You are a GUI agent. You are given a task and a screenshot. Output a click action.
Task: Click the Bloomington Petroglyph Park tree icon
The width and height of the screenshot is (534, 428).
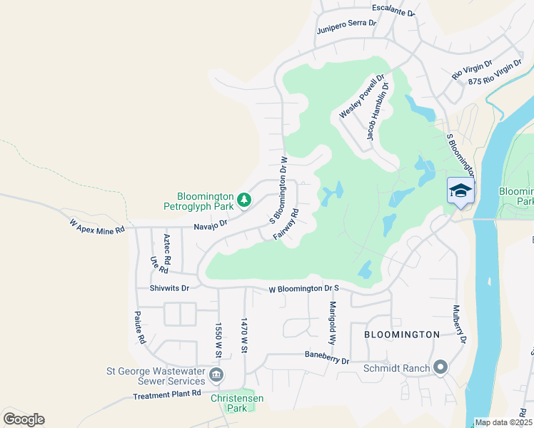click(244, 200)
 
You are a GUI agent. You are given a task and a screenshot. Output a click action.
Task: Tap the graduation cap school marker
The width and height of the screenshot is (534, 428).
click(460, 190)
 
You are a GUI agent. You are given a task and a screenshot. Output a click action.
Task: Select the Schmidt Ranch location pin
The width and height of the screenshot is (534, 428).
click(440, 368)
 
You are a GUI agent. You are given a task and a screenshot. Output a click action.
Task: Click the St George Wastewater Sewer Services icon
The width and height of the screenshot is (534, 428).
click(216, 374)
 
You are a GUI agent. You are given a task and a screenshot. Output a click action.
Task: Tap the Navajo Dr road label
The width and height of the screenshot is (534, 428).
click(210, 223)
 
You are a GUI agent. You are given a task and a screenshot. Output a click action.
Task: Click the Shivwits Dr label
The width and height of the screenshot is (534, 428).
click(169, 288)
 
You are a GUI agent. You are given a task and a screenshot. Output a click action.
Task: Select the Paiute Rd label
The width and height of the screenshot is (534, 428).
click(140, 327)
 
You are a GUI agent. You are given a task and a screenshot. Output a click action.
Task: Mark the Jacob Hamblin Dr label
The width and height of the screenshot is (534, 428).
click(378, 111)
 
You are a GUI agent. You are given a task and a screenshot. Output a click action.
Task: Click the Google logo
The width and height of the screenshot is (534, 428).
click(24, 419)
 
